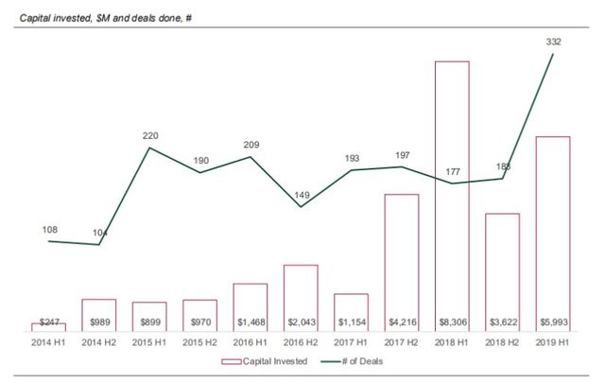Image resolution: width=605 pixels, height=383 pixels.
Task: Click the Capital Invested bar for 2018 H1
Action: pyautogui.click(x=451, y=189)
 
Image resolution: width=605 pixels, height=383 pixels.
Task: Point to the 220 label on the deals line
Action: pyautogui.click(x=150, y=136)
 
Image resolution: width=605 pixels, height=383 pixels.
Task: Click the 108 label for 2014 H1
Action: pyautogui.click(x=49, y=229)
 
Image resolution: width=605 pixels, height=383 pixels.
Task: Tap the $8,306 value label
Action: pyautogui.click(x=451, y=322)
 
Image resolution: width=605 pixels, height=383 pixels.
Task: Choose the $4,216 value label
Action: pyautogui.click(x=401, y=322)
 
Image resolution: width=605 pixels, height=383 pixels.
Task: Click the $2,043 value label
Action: pyautogui.click(x=300, y=322)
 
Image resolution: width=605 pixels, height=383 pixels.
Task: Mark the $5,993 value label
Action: pyautogui.click(x=552, y=322)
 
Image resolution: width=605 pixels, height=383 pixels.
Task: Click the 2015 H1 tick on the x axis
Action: pyautogui.click(x=149, y=340)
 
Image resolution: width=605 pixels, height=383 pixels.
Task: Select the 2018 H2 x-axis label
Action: pyautogui.click(x=502, y=340)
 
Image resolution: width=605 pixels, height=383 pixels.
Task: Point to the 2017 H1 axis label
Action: pyautogui.click(x=351, y=340)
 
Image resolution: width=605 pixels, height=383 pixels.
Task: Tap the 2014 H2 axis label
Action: pyautogui.click(x=99, y=340)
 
